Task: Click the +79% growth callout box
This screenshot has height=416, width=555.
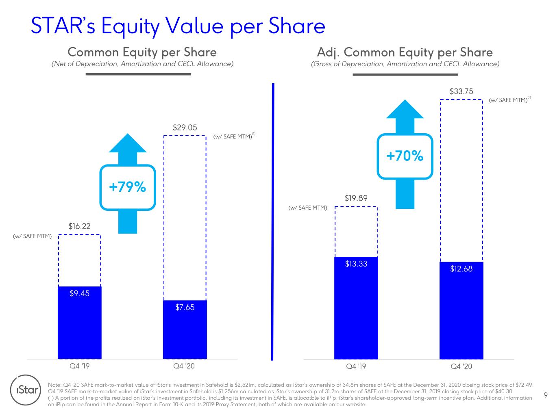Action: coord(127,187)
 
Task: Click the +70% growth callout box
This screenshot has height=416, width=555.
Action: coord(405,156)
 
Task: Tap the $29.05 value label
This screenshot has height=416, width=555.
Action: coord(185,128)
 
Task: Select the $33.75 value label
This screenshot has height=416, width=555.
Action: coord(461,91)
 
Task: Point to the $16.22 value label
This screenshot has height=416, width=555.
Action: coord(79,226)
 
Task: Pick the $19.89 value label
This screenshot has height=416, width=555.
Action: coord(356,198)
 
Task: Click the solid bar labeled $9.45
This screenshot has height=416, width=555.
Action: coord(79,323)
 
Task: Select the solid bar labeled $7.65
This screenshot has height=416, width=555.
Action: coord(185,329)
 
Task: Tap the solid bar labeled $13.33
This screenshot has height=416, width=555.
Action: coord(356,308)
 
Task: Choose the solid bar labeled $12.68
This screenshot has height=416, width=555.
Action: coord(461,311)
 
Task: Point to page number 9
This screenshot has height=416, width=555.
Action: coord(545,395)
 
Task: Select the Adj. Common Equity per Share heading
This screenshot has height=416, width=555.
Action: coord(405,52)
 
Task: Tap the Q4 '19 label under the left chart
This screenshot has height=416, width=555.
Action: coord(79,366)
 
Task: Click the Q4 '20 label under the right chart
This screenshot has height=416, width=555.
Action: coord(461,366)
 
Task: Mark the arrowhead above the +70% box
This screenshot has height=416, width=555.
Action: coord(405,109)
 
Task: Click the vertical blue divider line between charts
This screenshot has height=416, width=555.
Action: coord(272,222)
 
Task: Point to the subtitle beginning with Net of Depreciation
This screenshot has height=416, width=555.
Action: coord(142,64)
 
